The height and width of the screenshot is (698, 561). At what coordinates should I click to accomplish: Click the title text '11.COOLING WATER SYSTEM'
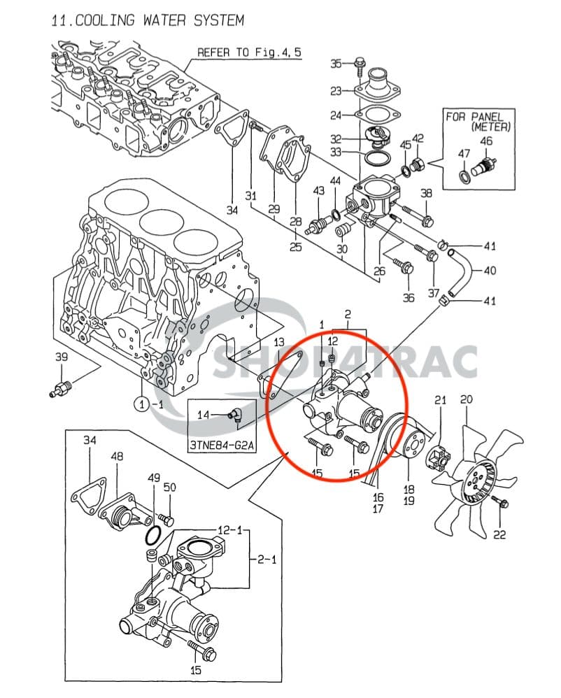148,20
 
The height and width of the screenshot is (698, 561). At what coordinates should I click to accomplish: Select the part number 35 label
336,64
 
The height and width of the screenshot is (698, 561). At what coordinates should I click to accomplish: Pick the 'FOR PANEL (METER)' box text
480,122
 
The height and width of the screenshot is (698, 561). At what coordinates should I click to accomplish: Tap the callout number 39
62,357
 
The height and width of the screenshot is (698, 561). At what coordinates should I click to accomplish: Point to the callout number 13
279,342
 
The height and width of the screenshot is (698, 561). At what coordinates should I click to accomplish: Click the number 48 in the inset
117,457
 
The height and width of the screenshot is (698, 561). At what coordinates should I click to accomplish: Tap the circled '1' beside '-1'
140,404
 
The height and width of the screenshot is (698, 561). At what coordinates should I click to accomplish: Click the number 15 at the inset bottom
197,670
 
